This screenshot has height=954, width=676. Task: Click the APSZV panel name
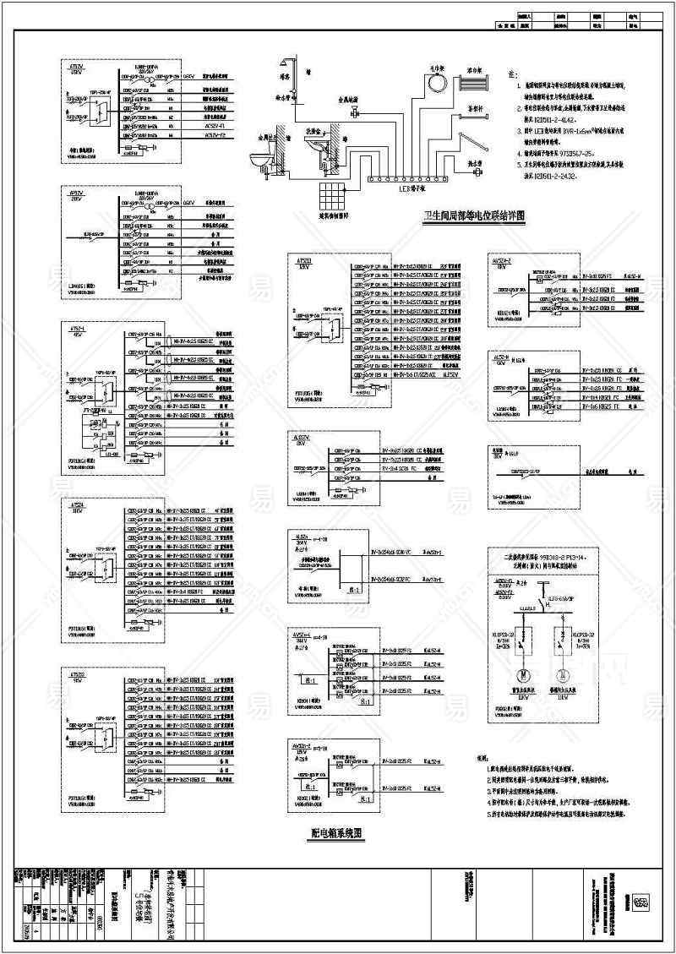click(75, 194)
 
